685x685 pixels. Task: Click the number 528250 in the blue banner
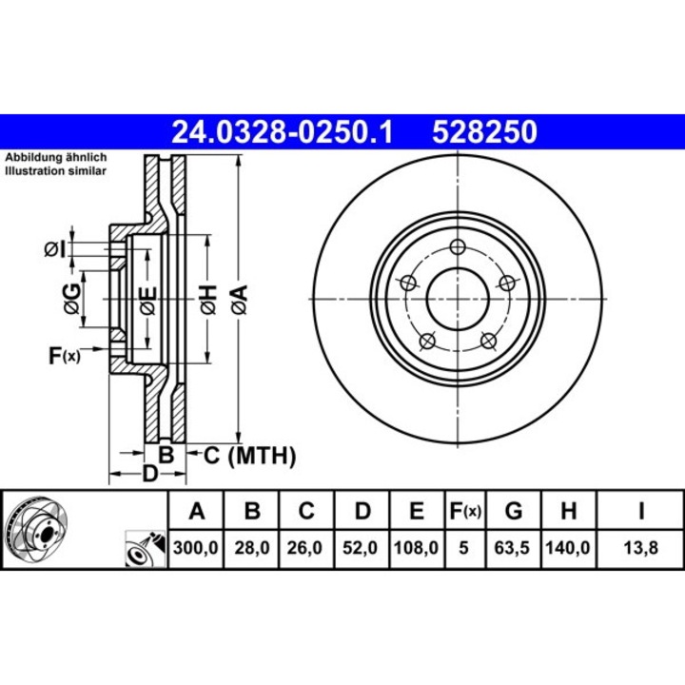tap(485, 130)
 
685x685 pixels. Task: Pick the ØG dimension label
tap(71, 299)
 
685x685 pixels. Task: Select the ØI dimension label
tap(55, 249)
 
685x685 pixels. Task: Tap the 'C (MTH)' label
tap(249, 457)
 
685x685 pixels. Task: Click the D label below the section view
tap(148, 475)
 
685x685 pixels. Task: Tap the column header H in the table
tap(568, 512)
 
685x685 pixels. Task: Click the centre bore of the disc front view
tap(458, 299)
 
